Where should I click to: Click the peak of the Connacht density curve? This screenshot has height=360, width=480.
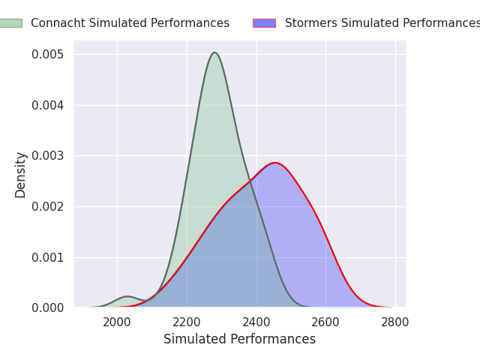point(214,52)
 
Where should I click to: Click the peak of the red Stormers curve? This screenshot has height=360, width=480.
point(275,163)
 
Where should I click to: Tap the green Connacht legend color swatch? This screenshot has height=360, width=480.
point(10,23)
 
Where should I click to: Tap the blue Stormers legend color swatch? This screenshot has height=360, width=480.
point(264,23)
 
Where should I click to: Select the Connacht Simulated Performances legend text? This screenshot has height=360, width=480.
point(130,23)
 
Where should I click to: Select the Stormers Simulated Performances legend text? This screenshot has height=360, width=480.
point(382,23)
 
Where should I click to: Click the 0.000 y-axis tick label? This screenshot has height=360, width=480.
point(47,307)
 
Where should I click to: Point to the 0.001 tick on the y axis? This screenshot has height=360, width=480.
point(47,257)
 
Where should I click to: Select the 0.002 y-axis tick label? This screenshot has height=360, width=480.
point(47,206)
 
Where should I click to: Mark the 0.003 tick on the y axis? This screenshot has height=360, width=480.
point(47,156)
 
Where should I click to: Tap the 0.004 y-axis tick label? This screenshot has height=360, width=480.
point(47,105)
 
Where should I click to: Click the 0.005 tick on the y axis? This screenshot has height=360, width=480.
point(47,55)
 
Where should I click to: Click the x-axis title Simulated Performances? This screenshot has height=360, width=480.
point(239,339)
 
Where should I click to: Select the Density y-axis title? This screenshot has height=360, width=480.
point(21,174)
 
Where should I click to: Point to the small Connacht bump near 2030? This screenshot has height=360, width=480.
point(127,297)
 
